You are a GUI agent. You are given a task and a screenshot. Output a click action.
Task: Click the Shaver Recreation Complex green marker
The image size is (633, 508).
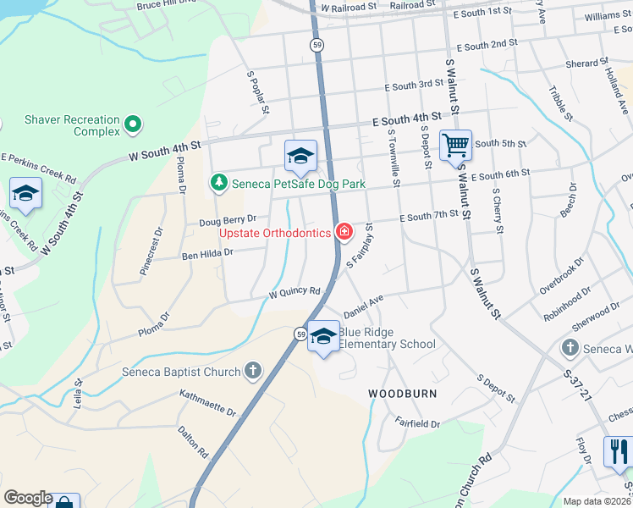pyautogui.click(x=132, y=125)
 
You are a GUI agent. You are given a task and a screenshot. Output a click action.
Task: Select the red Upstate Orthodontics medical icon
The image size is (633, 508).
pyautogui.click(x=344, y=231)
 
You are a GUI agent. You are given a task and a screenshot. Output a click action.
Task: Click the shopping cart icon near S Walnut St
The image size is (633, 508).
pyautogui.click(x=455, y=146)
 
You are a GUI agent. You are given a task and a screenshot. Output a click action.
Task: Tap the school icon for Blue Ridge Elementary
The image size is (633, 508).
pyautogui.click(x=322, y=336)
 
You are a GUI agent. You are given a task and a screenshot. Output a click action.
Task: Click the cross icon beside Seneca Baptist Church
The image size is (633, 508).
pyautogui.click(x=252, y=370)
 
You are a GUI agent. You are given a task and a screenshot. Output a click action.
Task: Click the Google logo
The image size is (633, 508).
pyautogui.click(x=28, y=498)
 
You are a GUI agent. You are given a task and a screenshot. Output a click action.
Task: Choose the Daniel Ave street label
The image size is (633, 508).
pyautogui.click(x=364, y=301)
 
